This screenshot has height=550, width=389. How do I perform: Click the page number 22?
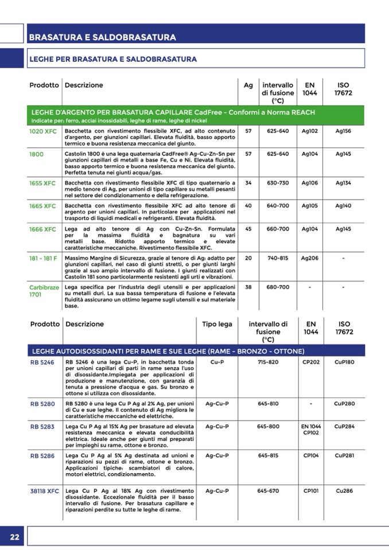point(15,537)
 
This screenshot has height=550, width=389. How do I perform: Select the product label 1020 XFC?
point(43,131)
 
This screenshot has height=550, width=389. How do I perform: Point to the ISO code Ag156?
point(344,131)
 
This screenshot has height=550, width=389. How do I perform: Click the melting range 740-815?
point(278,259)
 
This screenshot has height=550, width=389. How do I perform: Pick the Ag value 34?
point(248,183)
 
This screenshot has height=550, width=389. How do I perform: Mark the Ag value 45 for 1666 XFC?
point(248,229)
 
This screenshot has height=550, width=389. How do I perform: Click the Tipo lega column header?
point(217,324)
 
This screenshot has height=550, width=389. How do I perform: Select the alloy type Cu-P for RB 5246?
point(217,362)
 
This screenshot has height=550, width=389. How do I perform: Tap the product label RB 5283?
point(42,427)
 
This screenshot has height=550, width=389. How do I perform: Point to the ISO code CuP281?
point(344,455)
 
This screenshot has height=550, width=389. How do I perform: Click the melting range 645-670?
point(268,491)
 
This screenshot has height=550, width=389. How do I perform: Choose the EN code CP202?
point(310,362)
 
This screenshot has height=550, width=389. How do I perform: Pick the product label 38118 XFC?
point(45,492)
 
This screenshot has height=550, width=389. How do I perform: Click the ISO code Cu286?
point(344,491)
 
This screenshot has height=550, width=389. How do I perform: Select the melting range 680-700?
point(278,287)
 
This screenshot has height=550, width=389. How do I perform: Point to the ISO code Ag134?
point(344,183)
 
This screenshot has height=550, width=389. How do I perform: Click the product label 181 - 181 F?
point(44,259)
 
